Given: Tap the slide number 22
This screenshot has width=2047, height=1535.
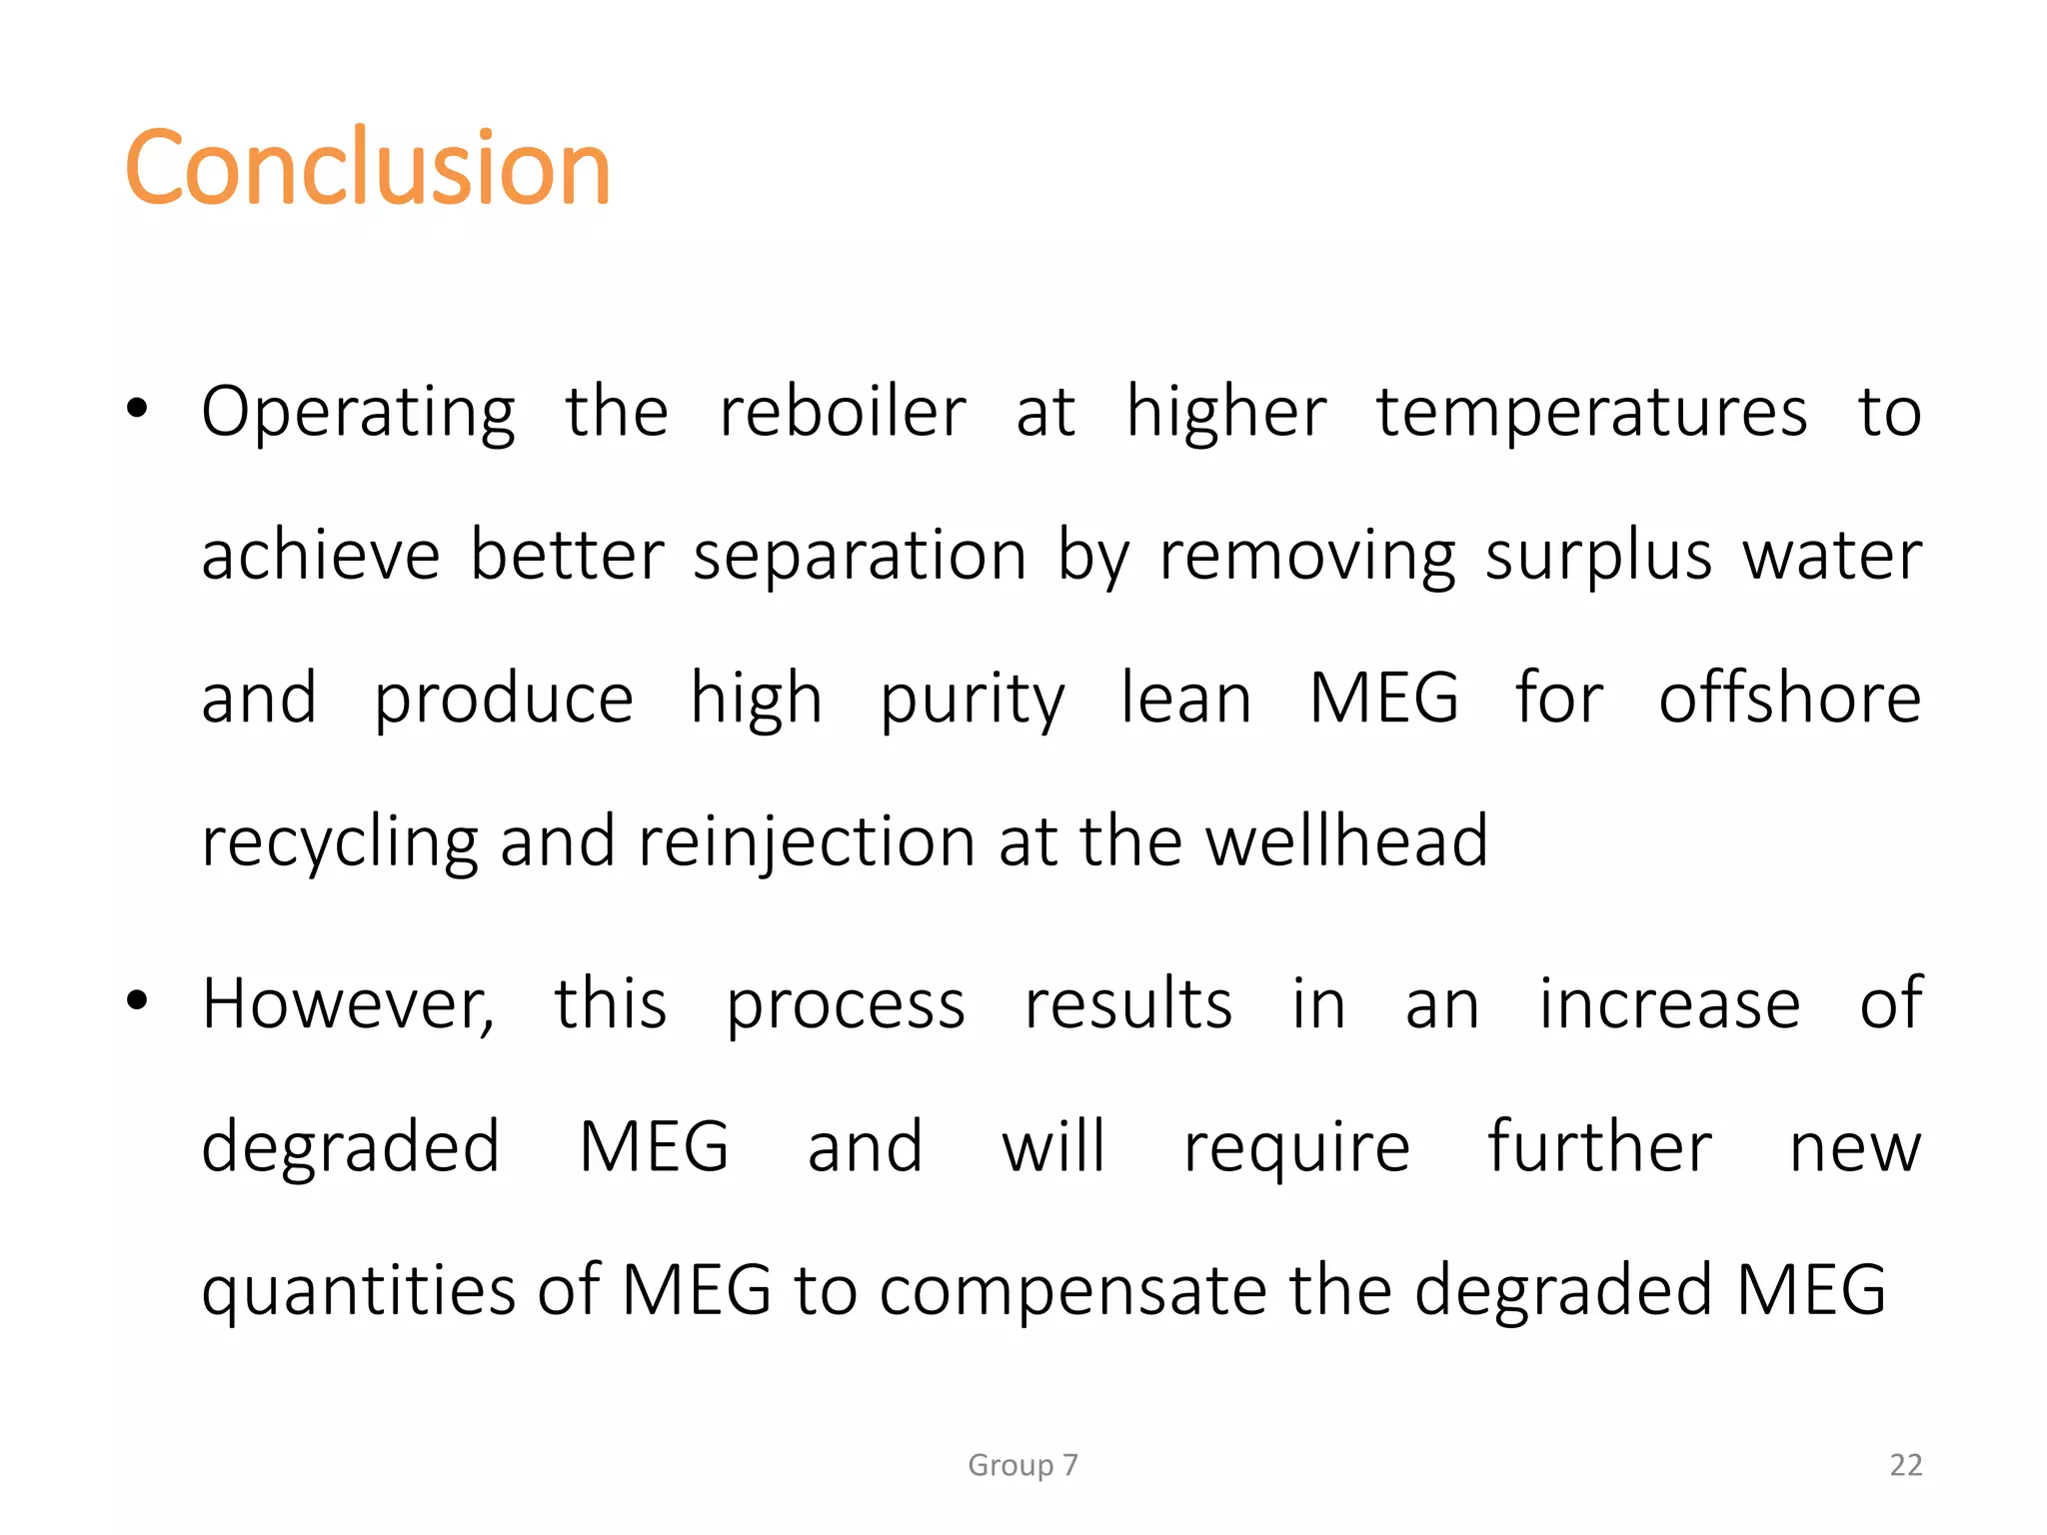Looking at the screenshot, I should pos(1905,1465).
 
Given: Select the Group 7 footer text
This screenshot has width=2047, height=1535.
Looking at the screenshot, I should pos(1023,1465).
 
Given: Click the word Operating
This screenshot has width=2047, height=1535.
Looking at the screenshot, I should pos(358,413).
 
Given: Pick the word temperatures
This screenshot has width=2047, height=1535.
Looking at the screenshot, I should pos(1591,413).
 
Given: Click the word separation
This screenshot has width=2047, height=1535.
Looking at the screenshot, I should pos(860,556).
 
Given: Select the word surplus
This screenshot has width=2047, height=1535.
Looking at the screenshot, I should pos(1598,556).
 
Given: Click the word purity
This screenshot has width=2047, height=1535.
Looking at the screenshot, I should pos(972,700).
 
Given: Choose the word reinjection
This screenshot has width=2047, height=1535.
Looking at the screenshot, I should pos(807,841).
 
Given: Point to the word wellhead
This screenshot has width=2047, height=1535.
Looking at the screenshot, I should pos(1346,840).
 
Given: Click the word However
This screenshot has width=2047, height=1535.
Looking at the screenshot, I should pos(347,1003).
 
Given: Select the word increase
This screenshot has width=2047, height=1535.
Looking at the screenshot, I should pos(1669,1003).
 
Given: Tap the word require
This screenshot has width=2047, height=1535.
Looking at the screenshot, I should pos(1296,1148).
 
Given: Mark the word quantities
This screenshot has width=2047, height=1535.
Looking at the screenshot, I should pos(358,1290).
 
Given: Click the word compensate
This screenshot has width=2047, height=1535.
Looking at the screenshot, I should pos(1072,1290).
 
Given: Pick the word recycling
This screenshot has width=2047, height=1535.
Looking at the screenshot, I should pos(340,841).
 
